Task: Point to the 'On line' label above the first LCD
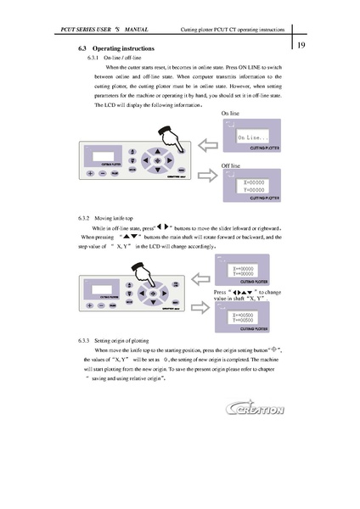pyautogui.click(x=231, y=112)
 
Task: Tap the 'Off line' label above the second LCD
pyautogui.click(x=232, y=165)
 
